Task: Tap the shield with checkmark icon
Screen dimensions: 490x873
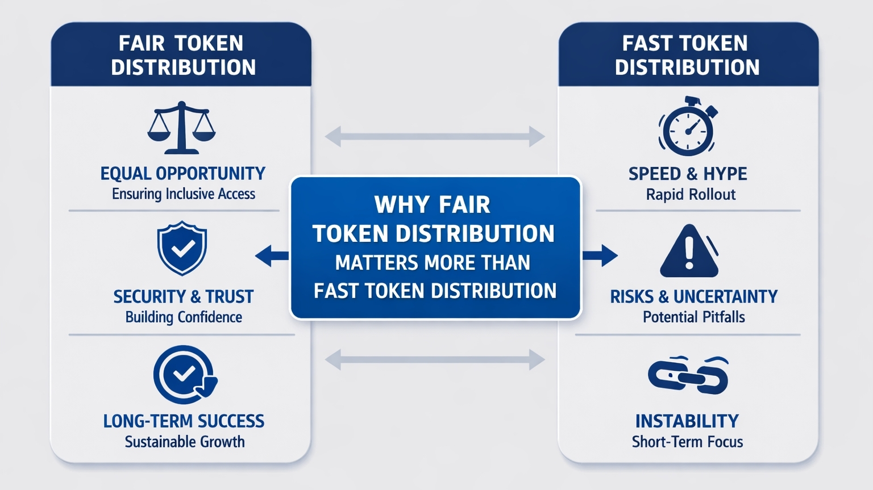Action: tap(182, 248)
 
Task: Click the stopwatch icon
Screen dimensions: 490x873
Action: tap(688, 127)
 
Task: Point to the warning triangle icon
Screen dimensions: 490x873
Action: tap(689, 252)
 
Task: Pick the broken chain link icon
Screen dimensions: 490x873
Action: tap(688, 375)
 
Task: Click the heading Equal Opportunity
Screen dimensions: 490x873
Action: tap(183, 173)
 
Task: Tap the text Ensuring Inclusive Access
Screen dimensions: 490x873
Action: tap(184, 194)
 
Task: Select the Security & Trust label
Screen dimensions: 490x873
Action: tap(183, 296)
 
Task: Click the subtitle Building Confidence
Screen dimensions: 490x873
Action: tap(184, 317)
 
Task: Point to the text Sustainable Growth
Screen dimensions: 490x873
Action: tap(185, 442)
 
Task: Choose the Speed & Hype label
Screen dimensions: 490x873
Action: tap(688, 174)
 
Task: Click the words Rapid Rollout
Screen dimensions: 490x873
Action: tap(691, 195)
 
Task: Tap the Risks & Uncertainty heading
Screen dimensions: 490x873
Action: tap(693, 296)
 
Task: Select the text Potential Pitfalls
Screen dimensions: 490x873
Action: tap(693, 317)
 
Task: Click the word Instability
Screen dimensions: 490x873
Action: tap(687, 421)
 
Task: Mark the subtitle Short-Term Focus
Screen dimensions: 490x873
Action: tap(687, 442)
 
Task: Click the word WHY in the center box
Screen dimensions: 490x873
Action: tap(396, 205)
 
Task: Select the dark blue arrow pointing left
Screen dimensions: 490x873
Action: tap(272, 256)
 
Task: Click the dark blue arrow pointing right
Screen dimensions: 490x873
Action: tap(600, 256)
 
